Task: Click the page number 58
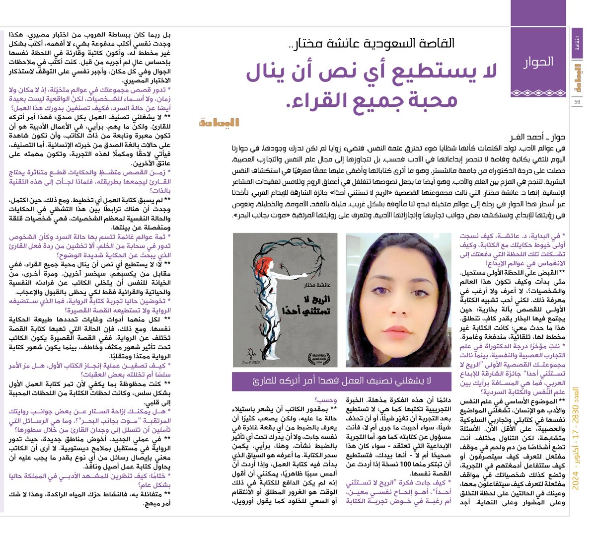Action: (x=577, y=102)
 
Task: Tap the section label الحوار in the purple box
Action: (x=538, y=62)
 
